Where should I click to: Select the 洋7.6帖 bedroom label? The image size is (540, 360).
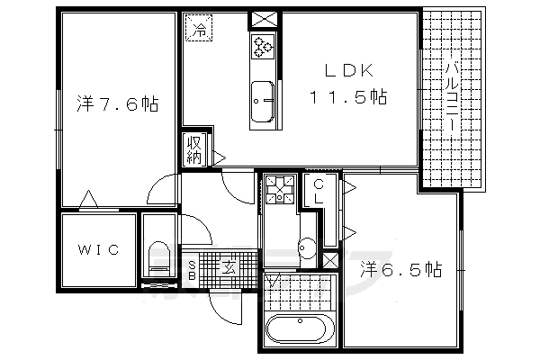coord(117,104)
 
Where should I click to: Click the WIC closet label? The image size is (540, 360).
coord(97,251)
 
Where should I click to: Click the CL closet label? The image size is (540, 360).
coord(319,193)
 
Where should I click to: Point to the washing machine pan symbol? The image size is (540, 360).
coord(280,190)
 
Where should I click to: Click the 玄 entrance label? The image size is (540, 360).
coord(229,266)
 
